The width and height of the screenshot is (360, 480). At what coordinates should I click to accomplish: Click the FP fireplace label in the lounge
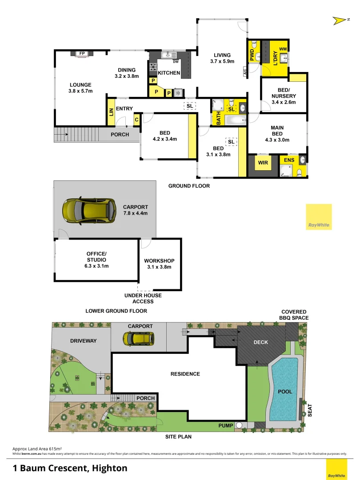click(x=82, y=54)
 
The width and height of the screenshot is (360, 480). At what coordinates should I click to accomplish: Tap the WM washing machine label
click(x=282, y=49)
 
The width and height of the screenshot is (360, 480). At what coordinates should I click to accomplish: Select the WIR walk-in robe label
click(x=263, y=163)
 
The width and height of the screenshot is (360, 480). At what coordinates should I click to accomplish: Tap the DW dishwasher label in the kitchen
click(x=176, y=62)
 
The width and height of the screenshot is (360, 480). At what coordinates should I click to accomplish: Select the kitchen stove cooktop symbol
click(x=153, y=68)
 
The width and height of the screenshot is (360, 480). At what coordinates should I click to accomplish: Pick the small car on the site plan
click(x=139, y=339)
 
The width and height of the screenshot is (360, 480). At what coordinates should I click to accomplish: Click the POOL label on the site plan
click(x=284, y=392)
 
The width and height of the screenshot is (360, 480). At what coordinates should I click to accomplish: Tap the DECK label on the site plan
click(x=260, y=343)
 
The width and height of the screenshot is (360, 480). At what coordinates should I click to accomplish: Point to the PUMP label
click(x=226, y=426)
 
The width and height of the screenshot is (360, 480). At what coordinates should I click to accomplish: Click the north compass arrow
click(x=340, y=20)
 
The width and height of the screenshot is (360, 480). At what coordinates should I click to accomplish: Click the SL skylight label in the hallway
click(x=190, y=106)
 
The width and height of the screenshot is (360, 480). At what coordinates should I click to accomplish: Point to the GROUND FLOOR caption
click(x=189, y=186)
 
